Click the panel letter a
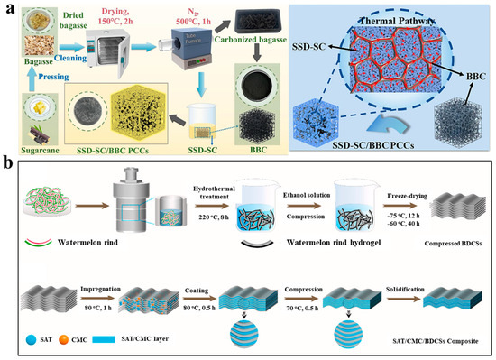[x=8, y=9]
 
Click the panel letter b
[x=8, y=167]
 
